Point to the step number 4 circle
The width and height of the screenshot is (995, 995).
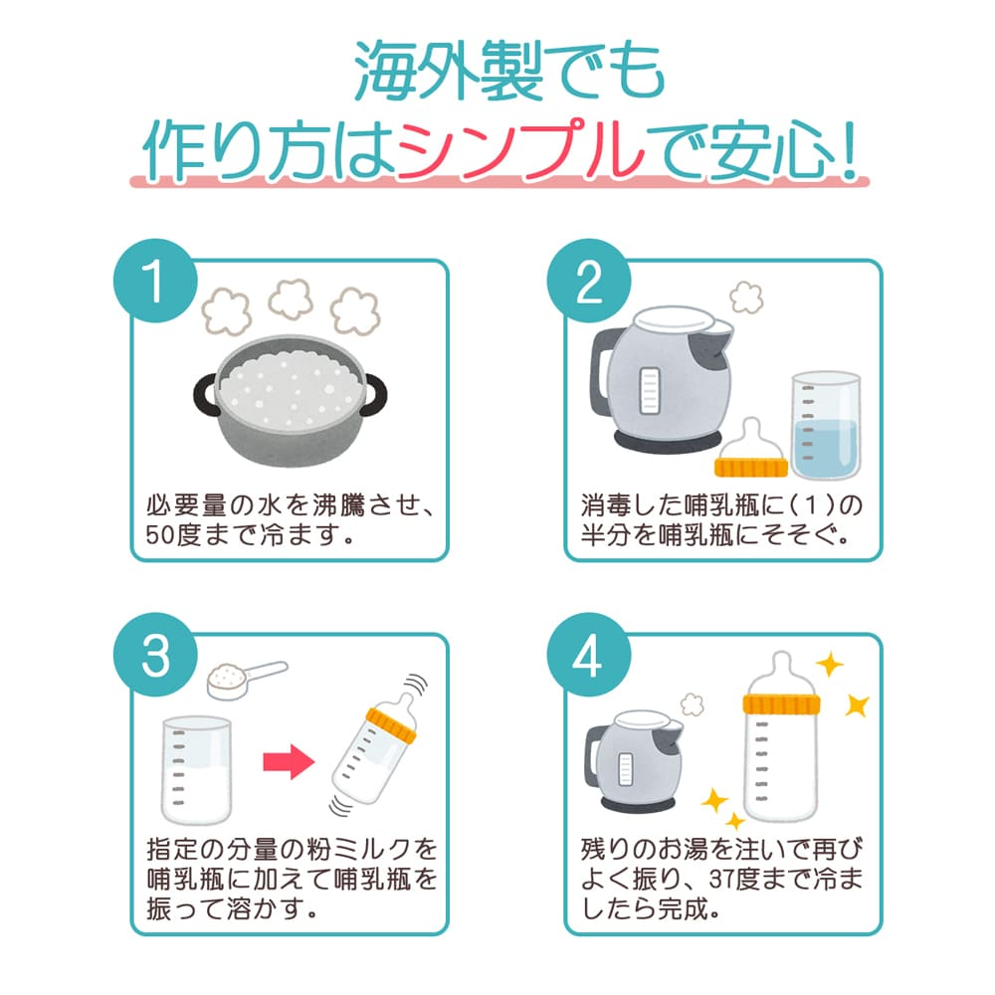(x=589, y=657)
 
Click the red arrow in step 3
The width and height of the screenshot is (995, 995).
(x=288, y=762)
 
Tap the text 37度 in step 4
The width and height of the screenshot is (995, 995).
(x=740, y=881)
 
